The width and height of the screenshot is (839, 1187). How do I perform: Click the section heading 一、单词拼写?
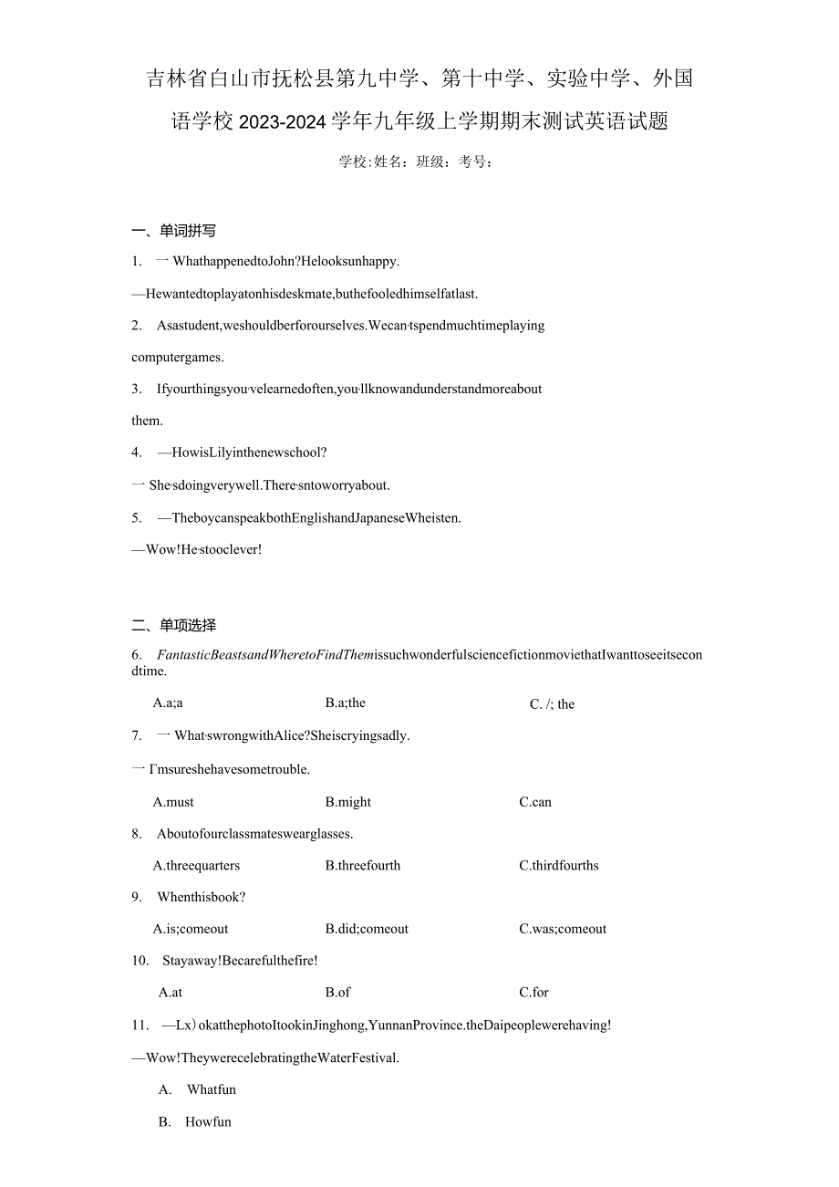[x=174, y=231]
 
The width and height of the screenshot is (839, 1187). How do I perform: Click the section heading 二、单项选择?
[x=174, y=625]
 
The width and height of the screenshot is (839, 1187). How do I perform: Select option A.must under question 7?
[x=173, y=802]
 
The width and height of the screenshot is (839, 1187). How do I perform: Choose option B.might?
[x=348, y=802]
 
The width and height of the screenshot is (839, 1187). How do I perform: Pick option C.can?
[x=535, y=802]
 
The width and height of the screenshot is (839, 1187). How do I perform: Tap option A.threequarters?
[x=196, y=865]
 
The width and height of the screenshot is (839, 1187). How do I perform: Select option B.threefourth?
[x=363, y=865]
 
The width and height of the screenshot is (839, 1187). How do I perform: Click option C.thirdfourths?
[x=559, y=865]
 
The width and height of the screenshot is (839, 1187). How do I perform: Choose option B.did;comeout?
[x=367, y=929]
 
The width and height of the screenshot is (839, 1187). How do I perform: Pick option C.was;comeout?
[x=563, y=929]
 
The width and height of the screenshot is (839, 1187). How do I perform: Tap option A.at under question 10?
[x=171, y=992]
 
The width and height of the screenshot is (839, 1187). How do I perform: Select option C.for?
[x=534, y=992]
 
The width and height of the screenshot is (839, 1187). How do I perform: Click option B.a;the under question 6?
[x=346, y=703]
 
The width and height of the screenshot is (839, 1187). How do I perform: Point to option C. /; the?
[x=553, y=704]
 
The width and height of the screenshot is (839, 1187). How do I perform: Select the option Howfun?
[x=209, y=1122]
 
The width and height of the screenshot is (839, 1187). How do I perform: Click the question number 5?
[x=136, y=517]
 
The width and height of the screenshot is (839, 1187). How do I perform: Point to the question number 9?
[x=136, y=897]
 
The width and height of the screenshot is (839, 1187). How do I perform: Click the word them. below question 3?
[x=148, y=421]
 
